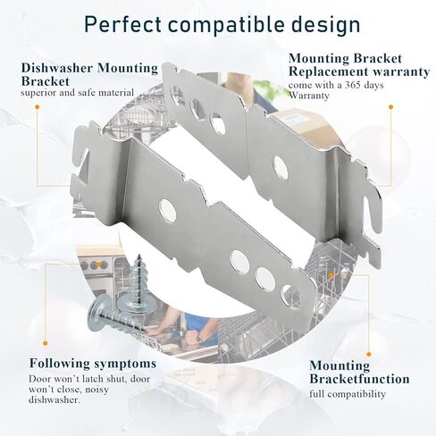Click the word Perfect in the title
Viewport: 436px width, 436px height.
123,24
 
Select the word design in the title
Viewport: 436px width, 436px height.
325,25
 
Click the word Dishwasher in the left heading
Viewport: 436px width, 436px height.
57,68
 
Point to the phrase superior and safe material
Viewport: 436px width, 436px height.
77,93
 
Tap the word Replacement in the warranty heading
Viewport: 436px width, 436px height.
328,71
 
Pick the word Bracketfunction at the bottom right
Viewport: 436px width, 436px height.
359,379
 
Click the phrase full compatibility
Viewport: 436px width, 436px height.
348,394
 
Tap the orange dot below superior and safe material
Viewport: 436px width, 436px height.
38,106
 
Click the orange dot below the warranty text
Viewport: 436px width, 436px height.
390,107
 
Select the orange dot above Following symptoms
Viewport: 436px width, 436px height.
46,343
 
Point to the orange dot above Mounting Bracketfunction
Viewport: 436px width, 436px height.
369,355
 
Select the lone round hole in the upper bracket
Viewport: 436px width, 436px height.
281,167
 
